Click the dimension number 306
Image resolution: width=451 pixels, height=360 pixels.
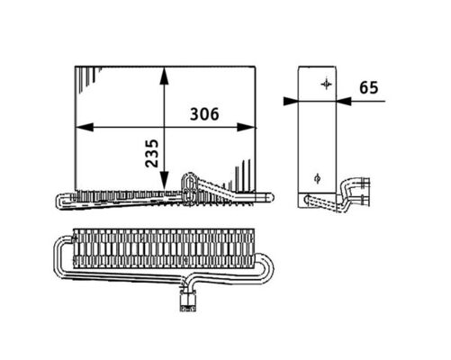tap(206, 114)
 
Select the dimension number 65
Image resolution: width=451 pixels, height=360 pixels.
tap(367, 87)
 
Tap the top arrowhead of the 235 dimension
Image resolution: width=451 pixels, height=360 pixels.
tap(164, 72)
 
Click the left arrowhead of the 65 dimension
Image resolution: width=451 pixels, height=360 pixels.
tap(290, 101)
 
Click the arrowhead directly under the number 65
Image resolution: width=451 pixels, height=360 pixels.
tap(346, 101)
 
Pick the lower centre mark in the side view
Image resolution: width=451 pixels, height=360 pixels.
tap(316, 176)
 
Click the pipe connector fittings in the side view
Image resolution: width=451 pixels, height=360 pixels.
tap(358, 192)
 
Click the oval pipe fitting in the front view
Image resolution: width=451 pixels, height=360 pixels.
tap(190, 183)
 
